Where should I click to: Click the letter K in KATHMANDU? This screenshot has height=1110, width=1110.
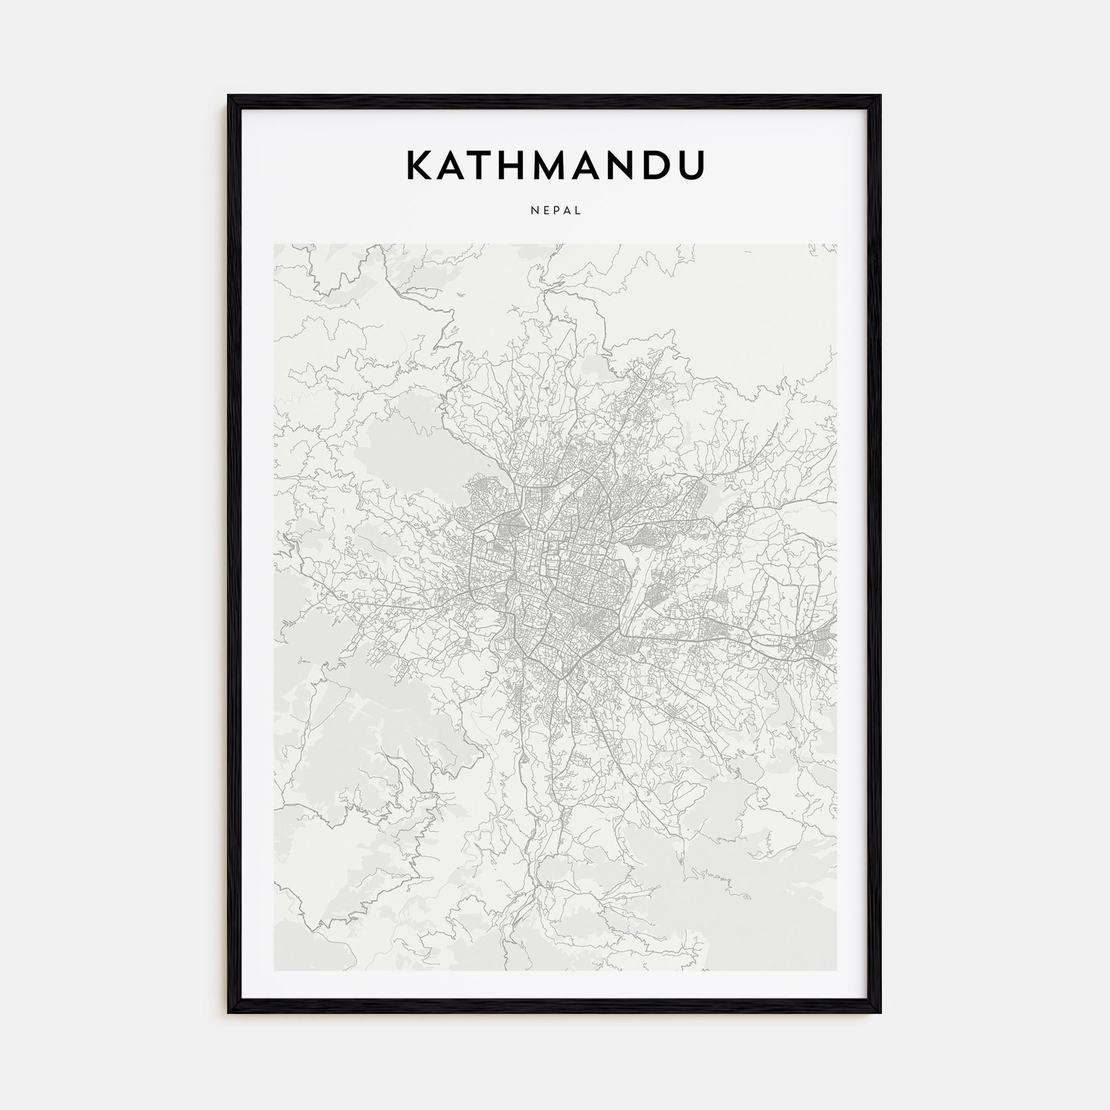421,165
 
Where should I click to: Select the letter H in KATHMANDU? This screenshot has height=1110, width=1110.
520,165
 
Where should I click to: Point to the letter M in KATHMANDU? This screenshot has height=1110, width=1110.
559,165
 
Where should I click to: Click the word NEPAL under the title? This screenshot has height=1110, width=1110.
556,211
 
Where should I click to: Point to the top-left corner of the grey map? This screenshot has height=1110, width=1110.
275,245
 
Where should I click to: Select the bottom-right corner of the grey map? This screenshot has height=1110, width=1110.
836,970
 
